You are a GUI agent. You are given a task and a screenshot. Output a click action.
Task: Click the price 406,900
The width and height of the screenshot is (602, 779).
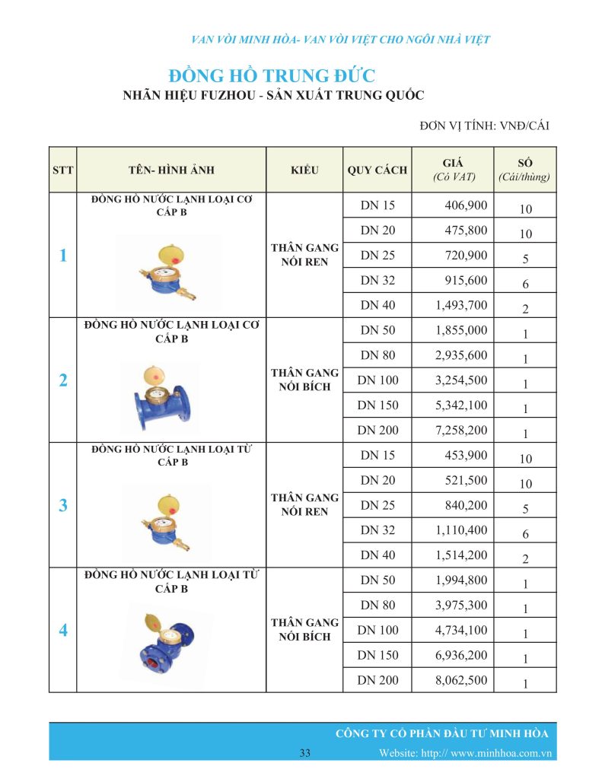click(x=466, y=205)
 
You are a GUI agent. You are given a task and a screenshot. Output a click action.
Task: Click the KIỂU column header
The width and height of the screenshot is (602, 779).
click(x=304, y=170)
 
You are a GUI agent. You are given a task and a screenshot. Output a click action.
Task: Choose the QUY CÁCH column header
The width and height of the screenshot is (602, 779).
click(x=377, y=170)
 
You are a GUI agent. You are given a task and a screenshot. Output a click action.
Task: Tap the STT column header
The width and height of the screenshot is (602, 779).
click(x=63, y=170)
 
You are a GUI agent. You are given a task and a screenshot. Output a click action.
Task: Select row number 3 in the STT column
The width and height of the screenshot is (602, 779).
click(x=63, y=505)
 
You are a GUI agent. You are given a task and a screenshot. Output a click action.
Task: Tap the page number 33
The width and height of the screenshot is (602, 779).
click(x=304, y=753)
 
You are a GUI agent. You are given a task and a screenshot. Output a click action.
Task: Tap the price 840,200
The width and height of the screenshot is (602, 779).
click(x=466, y=505)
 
